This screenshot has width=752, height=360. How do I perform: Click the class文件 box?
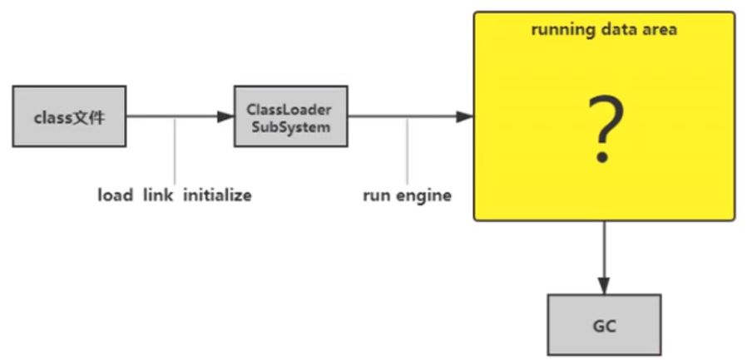pyautogui.click(x=69, y=116)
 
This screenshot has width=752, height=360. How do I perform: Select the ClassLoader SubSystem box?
pyautogui.click(x=290, y=116)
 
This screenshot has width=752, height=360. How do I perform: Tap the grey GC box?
pyautogui.click(x=604, y=324)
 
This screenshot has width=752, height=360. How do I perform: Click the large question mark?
pyautogui.click(x=606, y=130)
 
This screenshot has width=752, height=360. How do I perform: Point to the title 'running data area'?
pyautogui.click(x=604, y=30)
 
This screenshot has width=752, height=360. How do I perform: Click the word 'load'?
pyautogui.click(x=115, y=195)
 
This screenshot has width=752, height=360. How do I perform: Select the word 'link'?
pyautogui.click(x=158, y=195)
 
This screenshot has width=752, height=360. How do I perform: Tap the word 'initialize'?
pyautogui.click(x=217, y=195)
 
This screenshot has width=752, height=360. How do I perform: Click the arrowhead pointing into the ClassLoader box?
pyautogui.click(x=225, y=116)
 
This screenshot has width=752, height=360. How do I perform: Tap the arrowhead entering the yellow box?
pyautogui.click(x=465, y=116)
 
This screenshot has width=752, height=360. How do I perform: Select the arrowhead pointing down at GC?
pyautogui.click(x=604, y=285)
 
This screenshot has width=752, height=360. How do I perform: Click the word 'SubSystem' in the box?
pyautogui.click(x=290, y=127)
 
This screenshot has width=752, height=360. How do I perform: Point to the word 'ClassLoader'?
pyautogui.click(x=289, y=110)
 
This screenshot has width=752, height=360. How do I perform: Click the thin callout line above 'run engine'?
pyautogui.click(x=408, y=151)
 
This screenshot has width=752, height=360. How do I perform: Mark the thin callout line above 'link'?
pyautogui.click(x=175, y=151)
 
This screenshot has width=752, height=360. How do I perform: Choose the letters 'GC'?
pyautogui.click(x=604, y=326)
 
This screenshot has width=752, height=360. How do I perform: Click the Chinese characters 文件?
pyautogui.click(x=90, y=117)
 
